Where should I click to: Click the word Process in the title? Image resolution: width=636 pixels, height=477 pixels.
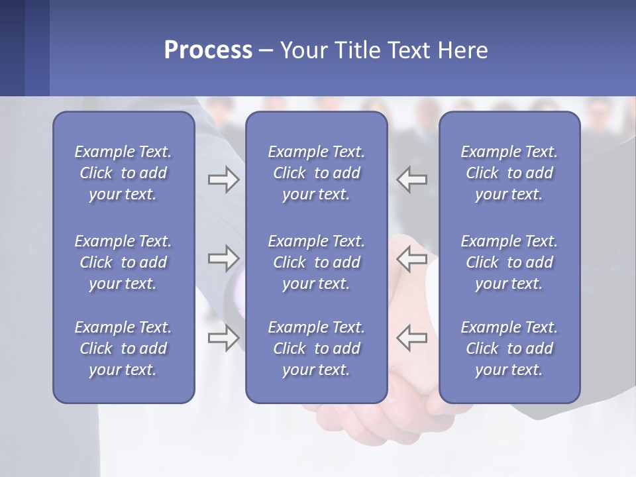coord(208,50)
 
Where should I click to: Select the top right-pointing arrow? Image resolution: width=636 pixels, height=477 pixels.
coord(223,180)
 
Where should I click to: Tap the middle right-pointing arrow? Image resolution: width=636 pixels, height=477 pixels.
coord(223,258)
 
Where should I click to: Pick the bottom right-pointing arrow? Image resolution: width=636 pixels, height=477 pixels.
coord(223,338)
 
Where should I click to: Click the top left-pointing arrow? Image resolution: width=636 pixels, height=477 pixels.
coord(411,180)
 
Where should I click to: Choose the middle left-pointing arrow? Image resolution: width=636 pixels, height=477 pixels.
coord(411,258)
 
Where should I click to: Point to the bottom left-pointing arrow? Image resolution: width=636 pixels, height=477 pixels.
coord(411,338)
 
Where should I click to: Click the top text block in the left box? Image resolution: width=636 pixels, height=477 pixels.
coord(123,173)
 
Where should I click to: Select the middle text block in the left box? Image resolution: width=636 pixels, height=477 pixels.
coord(123,262)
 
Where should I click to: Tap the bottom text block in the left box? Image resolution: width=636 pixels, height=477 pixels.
coord(123,348)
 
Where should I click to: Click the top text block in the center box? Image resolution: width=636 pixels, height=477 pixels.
coord(317,173)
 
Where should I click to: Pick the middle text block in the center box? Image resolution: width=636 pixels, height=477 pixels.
coord(317,262)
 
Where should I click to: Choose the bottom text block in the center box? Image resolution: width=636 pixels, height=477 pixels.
coord(317,348)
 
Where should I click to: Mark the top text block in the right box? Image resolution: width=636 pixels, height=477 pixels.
coord(509,173)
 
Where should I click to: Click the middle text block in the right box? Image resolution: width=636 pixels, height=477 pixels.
coord(509,262)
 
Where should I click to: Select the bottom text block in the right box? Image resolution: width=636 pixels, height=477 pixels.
coord(509,348)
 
